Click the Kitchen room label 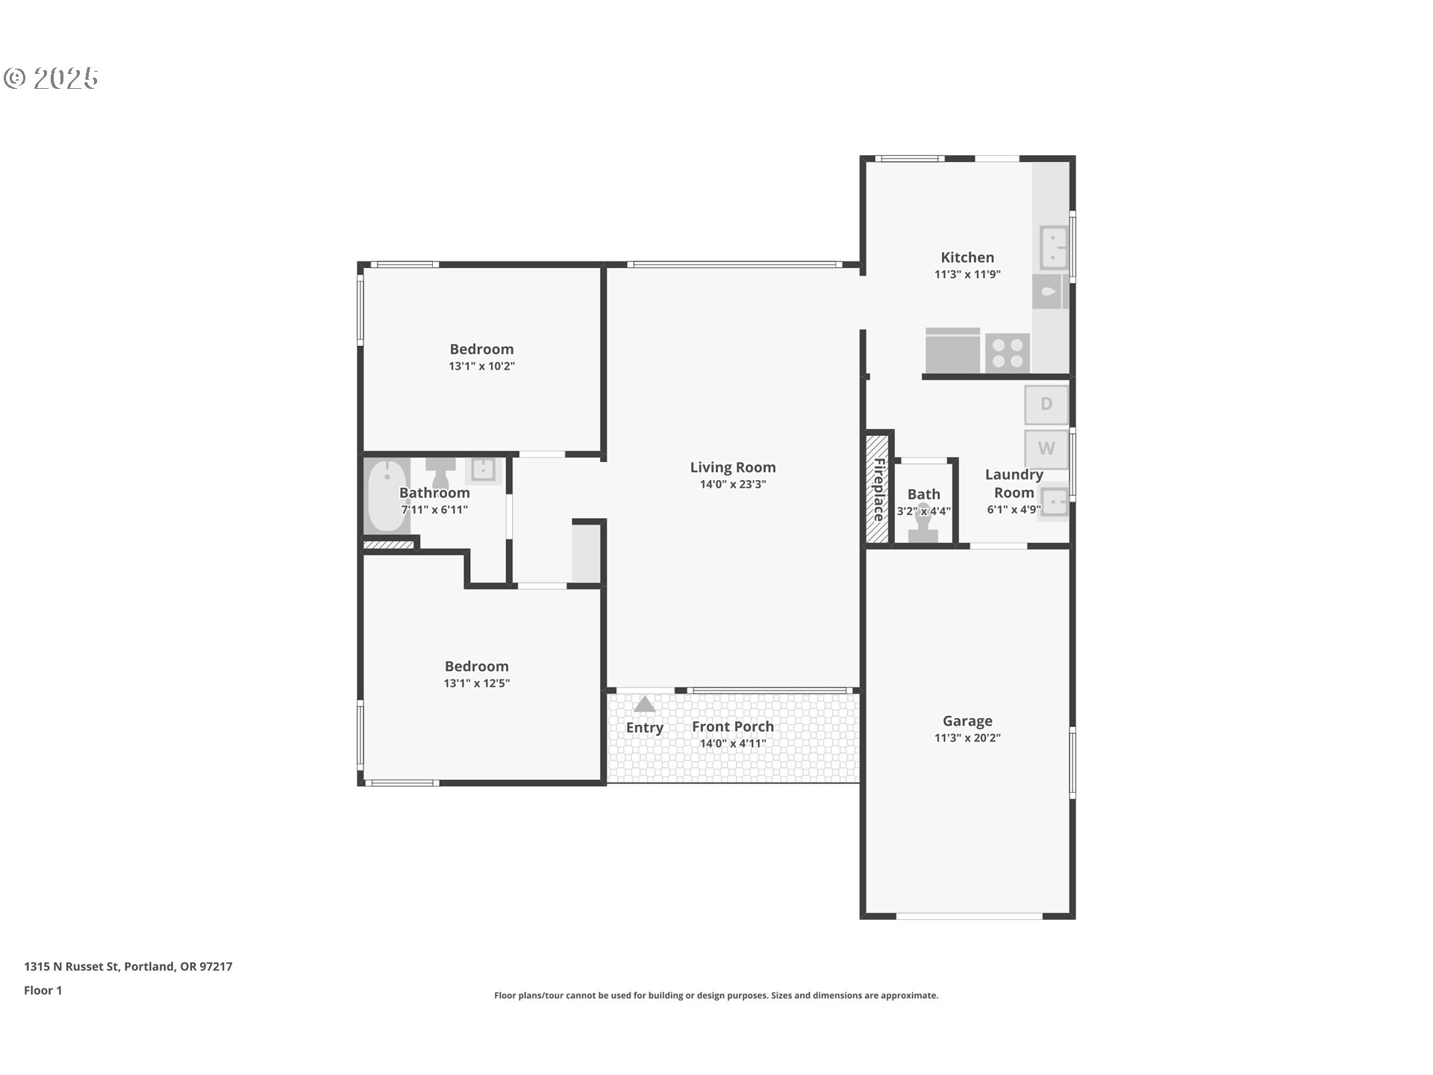click(x=967, y=258)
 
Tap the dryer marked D click(x=1046, y=405)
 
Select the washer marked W click(x=1046, y=449)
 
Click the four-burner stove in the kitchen click(x=1008, y=353)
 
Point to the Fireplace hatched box click(x=878, y=489)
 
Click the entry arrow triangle click(x=644, y=704)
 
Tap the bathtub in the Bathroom click(x=387, y=495)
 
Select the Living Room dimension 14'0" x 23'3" click(x=732, y=484)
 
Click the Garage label click(x=967, y=721)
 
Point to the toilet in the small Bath click(x=923, y=524)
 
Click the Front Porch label click(x=732, y=726)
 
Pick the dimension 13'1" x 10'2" click(x=481, y=367)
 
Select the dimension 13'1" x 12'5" click(x=476, y=684)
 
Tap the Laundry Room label click(x=1013, y=483)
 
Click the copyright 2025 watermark click(x=51, y=78)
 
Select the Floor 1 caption click(x=43, y=991)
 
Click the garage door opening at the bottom click(x=968, y=916)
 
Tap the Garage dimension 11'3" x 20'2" click(x=967, y=738)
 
